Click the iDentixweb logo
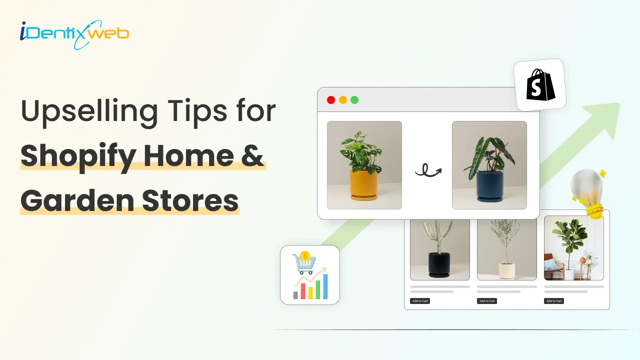point(74,34)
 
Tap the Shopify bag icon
point(540,85)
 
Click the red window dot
point(331,100)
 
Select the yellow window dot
point(343,100)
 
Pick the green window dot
point(354,100)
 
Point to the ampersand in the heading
point(252,155)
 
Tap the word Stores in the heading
point(190,200)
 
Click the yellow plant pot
point(363,185)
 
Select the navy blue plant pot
point(489,186)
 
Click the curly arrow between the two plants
point(428,170)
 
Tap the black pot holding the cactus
point(439,265)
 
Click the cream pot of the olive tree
point(507,271)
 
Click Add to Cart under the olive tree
point(487,301)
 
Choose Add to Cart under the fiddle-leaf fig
point(554,301)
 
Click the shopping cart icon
point(304,262)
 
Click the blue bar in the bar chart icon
point(325,286)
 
